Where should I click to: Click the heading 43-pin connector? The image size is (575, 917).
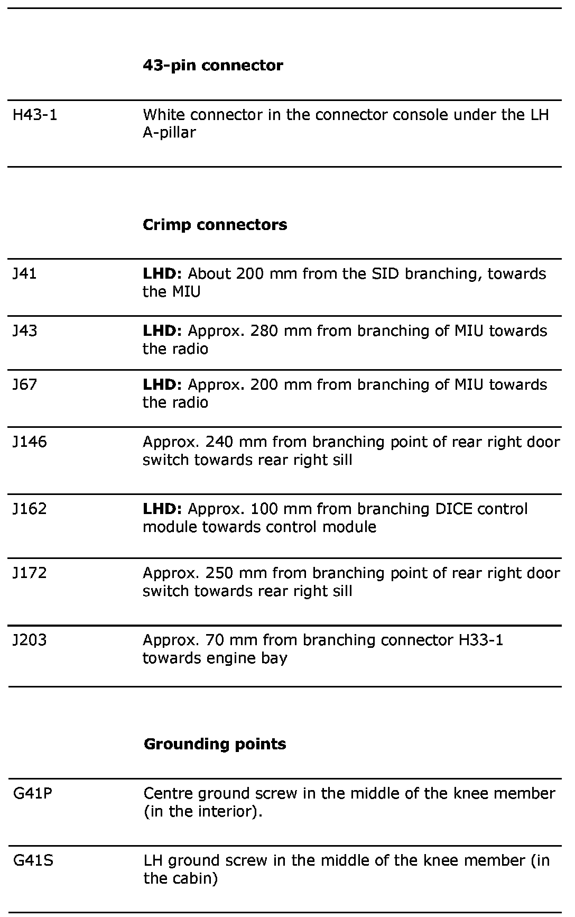[x=212, y=66]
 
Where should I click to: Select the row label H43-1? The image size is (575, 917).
[x=35, y=115]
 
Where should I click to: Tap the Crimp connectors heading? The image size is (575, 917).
[x=215, y=225]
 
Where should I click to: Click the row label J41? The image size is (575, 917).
[x=25, y=274]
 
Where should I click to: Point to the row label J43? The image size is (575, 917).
[x=25, y=331]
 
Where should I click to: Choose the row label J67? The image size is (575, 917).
[x=25, y=384]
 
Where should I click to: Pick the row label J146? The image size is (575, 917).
[x=30, y=442]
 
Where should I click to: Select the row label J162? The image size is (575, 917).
[x=30, y=509]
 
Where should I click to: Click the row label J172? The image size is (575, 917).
[x=30, y=573]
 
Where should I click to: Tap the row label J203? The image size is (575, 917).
[x=30, y=640]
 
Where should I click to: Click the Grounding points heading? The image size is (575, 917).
[x=215, y=744]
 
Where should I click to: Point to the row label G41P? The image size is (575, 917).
[x=33, y=793]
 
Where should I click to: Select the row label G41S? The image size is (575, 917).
[x=33, y=860]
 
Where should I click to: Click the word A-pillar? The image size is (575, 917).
[x=169, y=133]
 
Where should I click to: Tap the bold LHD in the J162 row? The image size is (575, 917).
[x=162, y=509]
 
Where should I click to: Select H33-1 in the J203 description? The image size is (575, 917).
[x=478, y=640]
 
